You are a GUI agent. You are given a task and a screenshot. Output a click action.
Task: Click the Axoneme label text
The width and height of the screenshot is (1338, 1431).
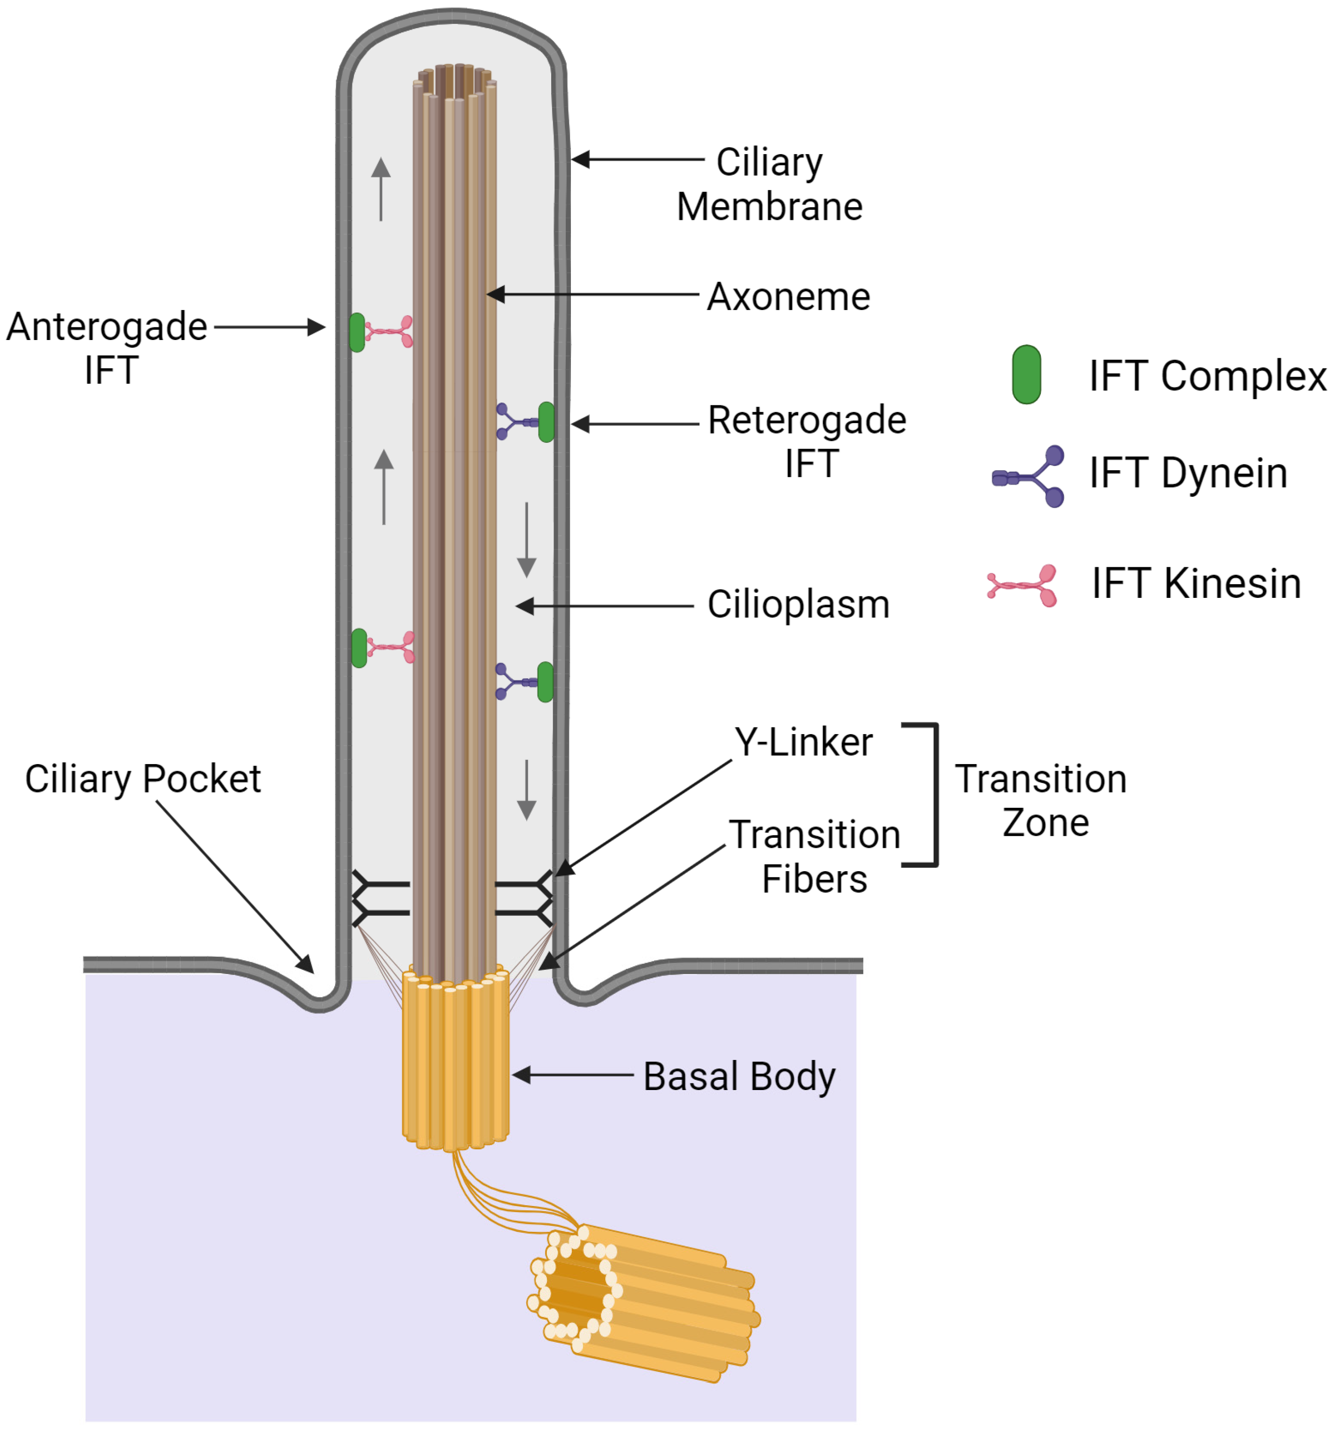pos(788,296)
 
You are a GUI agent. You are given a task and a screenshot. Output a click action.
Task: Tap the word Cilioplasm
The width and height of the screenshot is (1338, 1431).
pos(798,604)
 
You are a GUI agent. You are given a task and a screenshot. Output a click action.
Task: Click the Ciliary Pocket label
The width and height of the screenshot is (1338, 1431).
pos(143,779)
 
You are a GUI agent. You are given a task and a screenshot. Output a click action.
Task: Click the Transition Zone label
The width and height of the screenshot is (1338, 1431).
pos(1040,800)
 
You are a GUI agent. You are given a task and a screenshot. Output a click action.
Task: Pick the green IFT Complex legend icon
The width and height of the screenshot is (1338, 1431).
pos(1026,374)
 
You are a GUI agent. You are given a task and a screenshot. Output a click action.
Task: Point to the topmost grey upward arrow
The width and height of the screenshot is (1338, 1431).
pos(381,189)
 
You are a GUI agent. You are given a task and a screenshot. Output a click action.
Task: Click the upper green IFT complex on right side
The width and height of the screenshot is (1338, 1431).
pos(546,422)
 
